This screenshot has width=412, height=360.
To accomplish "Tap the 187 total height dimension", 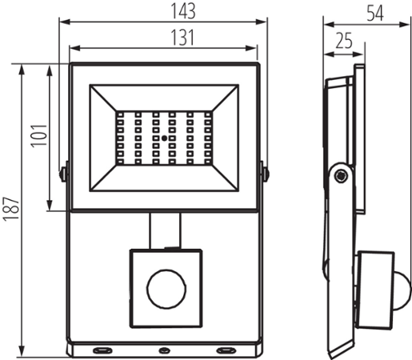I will pos(10,210).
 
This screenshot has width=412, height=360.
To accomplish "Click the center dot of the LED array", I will pos(164,138).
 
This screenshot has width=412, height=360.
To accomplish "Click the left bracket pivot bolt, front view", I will pos(64,171).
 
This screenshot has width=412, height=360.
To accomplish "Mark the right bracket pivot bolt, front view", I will pos(264,171).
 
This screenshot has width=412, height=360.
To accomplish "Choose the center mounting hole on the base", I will pos(164,350).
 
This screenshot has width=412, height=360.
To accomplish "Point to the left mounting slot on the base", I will pos(102,350).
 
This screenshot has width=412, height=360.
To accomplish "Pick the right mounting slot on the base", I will pos(226,350).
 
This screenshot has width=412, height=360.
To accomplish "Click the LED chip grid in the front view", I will pos(164,138).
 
